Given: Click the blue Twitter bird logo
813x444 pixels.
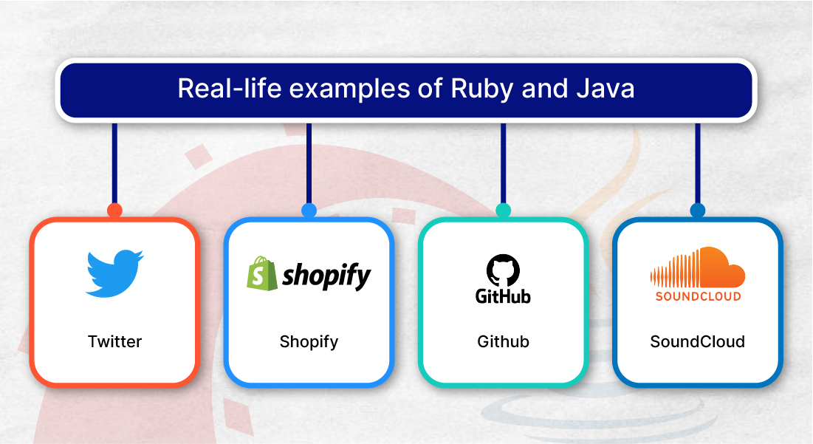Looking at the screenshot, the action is pyautogui.click(x=114, y=274).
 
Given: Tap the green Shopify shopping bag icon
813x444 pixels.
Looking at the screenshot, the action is pyautogui.click(x=262, y=273).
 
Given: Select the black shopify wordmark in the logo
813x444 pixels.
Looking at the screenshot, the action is pyautogui.click(x=326, y=276).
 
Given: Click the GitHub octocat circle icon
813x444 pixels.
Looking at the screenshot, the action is pyautogui.click(x=503, y=270).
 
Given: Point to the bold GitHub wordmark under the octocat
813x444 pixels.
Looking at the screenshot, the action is pyautogui.click(x=503, y=296).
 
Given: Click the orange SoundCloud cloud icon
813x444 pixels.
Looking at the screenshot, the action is pyautogui.click(x=698, y=267).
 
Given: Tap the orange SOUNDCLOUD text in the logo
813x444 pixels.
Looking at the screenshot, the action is pyautogui.click(x=698, y=296).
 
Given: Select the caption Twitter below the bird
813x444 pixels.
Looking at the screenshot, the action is pyautogui.click(x=114, y=341).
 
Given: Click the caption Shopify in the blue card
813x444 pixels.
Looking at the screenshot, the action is pyautogui.click(x=309, y=342).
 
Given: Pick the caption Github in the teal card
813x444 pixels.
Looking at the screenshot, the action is pyautogui.click(x=503, y=341).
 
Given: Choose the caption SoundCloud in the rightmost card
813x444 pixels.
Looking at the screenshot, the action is pyautogui.click(x=697, y=341).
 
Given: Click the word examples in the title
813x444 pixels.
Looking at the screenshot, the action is pyautogui.click(x=350, y=89).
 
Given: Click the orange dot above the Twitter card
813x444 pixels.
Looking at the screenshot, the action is pyautogui.click(x=114, y=210).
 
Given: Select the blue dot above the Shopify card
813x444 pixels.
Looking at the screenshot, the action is pyautogui.click(x=309, y=210).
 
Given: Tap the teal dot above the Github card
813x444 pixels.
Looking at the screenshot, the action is pyautogui.click(x=503, y=210).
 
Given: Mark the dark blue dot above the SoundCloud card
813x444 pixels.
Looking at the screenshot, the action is pyautogui.click(x=698, y=210).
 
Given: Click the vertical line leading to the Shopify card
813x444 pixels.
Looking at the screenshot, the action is pyautogui.click(x=309, y=163).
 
